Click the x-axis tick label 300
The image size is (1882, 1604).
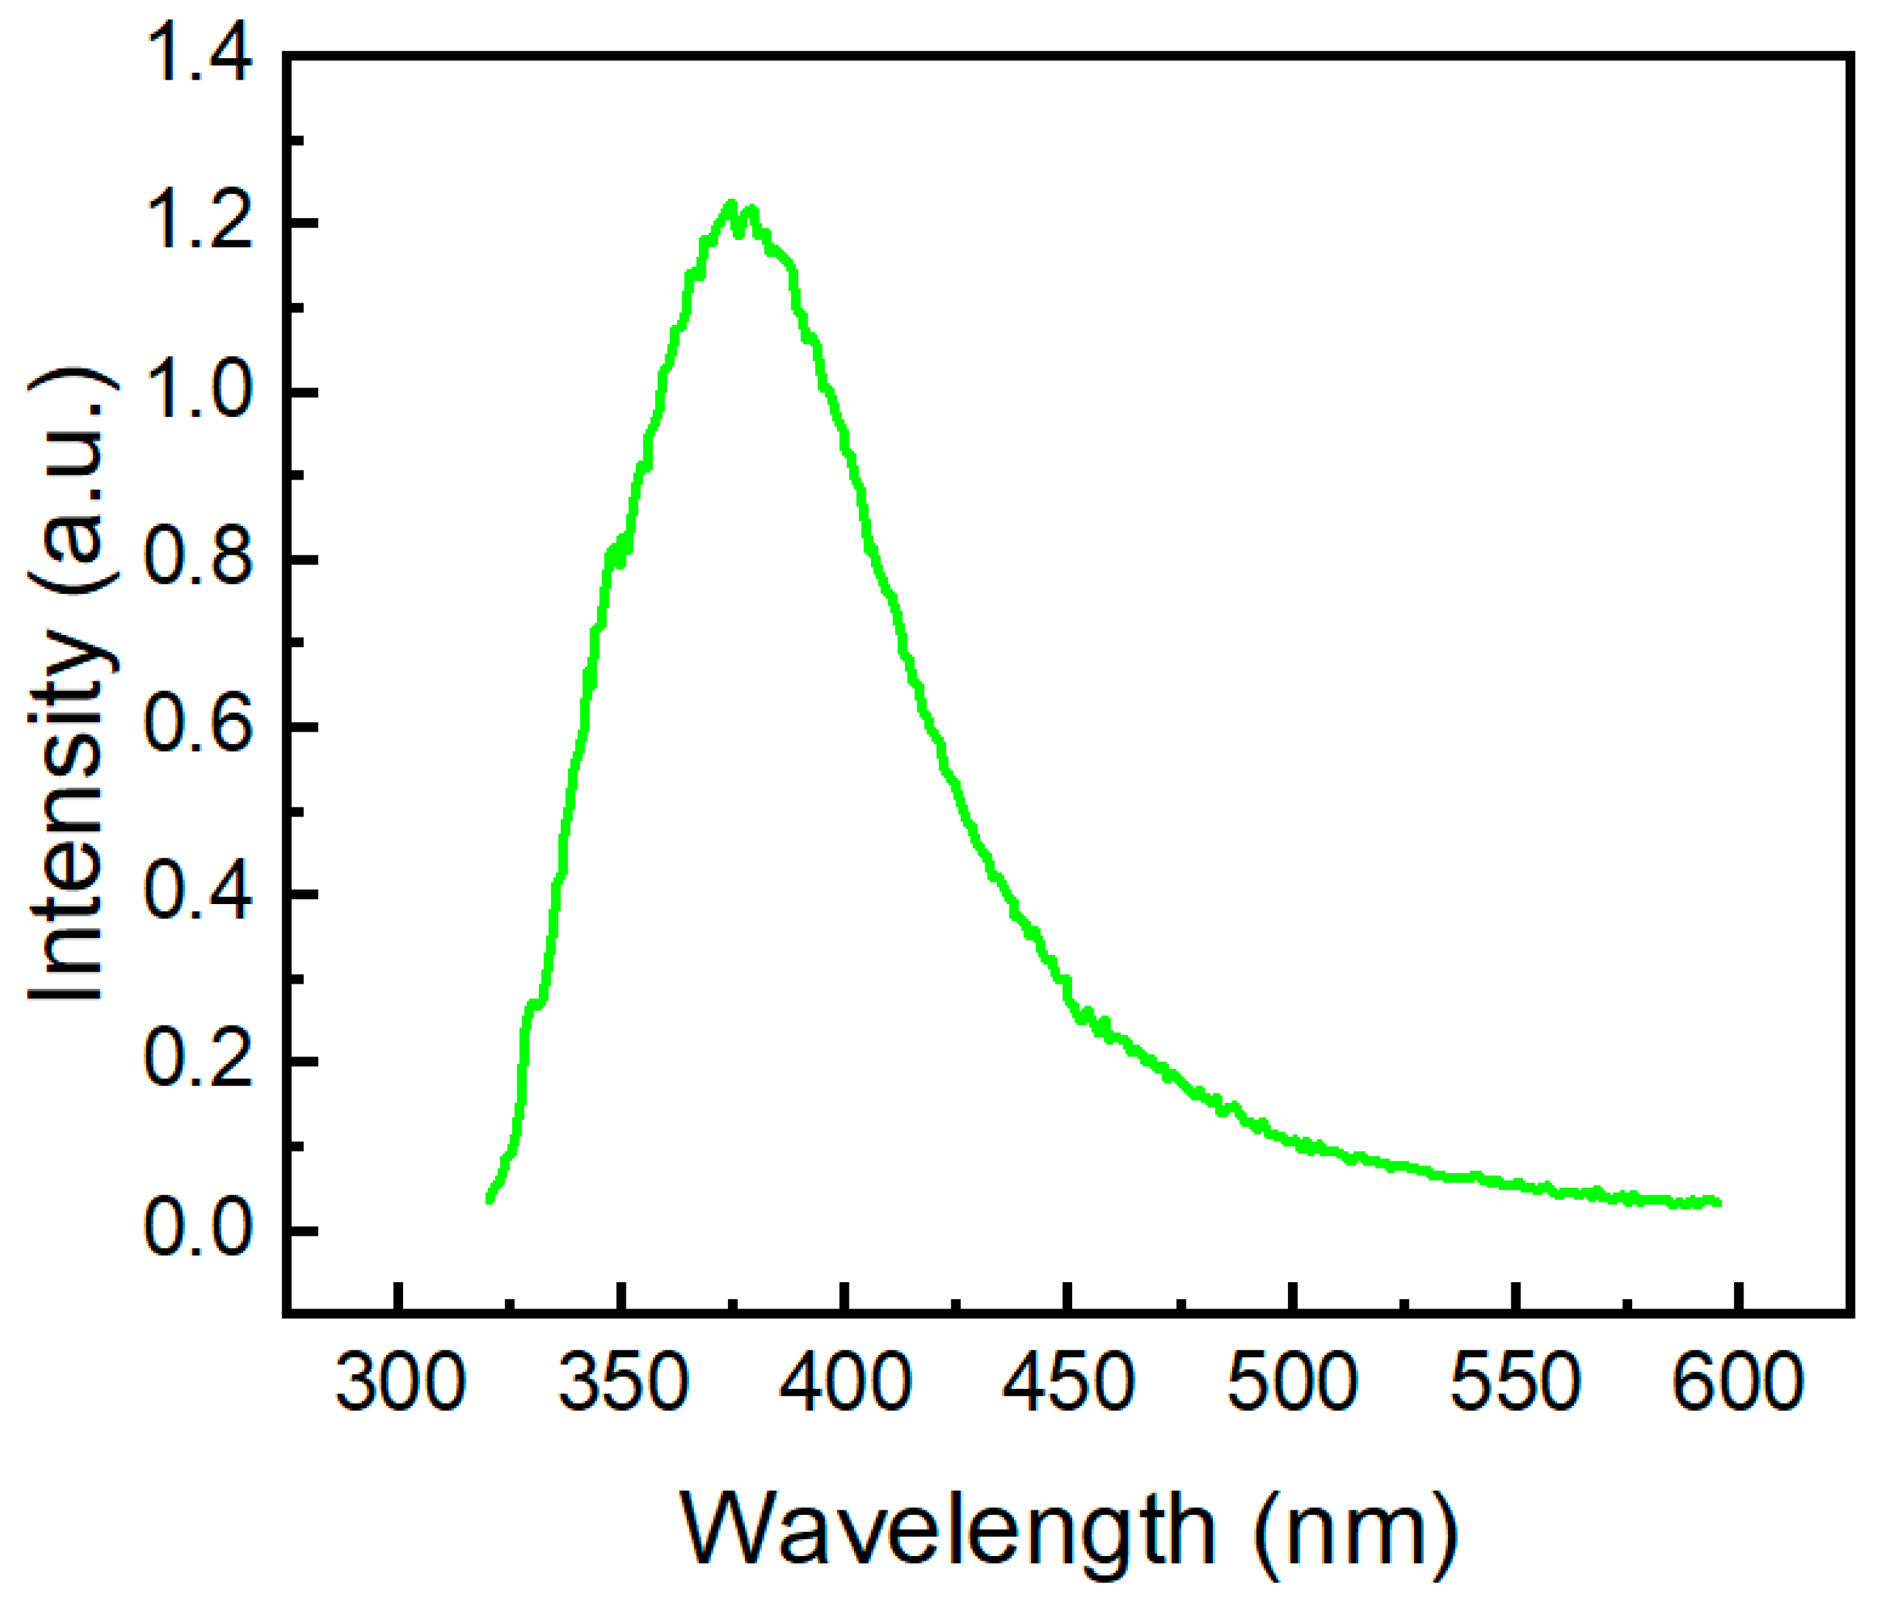pos(399,1382)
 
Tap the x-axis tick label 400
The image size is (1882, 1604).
pos(846,1382)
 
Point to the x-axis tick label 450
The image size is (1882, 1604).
pos(1068,1382)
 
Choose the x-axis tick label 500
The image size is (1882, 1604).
pos(1292,1382)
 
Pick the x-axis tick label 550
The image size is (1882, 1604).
pos(1515,1382)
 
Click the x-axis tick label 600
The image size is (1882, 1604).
pos(1738,1382)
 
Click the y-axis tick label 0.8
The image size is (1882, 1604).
pos(198,559)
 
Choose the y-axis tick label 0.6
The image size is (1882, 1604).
pos(198,726)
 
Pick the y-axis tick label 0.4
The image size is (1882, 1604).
pos(198,894)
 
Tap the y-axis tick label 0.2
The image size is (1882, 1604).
pos(198,1062)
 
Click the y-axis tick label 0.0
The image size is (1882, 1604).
pos(198,1230)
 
